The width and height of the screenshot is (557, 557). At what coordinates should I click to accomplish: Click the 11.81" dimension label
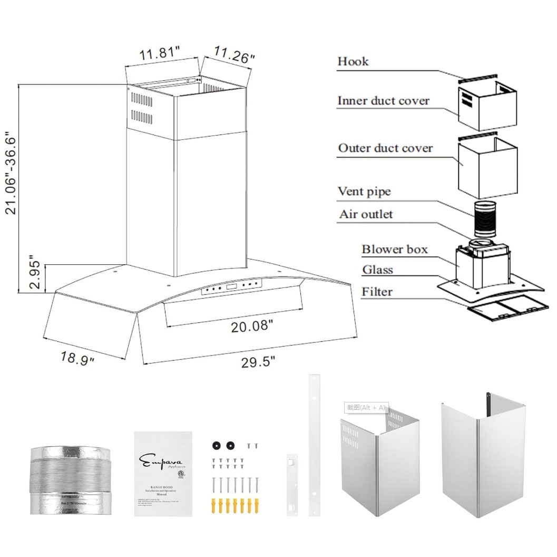coord(160,54)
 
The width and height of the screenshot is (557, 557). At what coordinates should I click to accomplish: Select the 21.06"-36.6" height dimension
coord(12,173)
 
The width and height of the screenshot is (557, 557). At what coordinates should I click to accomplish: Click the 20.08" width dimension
coord(252,326)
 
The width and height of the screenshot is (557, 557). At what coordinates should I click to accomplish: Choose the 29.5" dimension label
coord(258,362)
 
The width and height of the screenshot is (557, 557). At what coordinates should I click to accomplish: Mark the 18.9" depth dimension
coord(77,358)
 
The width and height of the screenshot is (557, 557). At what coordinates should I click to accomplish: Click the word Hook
coord(353,61)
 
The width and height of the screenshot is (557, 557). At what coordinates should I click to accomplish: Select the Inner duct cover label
coord(383,101)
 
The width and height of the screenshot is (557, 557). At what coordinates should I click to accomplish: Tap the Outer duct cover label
coord(385,148)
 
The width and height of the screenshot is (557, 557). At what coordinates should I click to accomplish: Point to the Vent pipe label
coord(364,191)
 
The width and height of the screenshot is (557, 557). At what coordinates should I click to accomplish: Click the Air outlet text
coord(366,214)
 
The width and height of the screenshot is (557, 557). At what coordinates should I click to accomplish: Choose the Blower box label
coord(395,249)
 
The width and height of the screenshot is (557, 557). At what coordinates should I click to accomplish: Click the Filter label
coord(377,291)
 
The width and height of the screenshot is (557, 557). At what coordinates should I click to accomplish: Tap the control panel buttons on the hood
coord(232,287)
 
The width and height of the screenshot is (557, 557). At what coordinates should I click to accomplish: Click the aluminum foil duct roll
coord(71,481)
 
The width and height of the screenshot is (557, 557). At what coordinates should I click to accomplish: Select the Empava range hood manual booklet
coord(162,474)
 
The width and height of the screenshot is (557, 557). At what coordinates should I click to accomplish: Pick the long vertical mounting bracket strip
coord(314,452)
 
